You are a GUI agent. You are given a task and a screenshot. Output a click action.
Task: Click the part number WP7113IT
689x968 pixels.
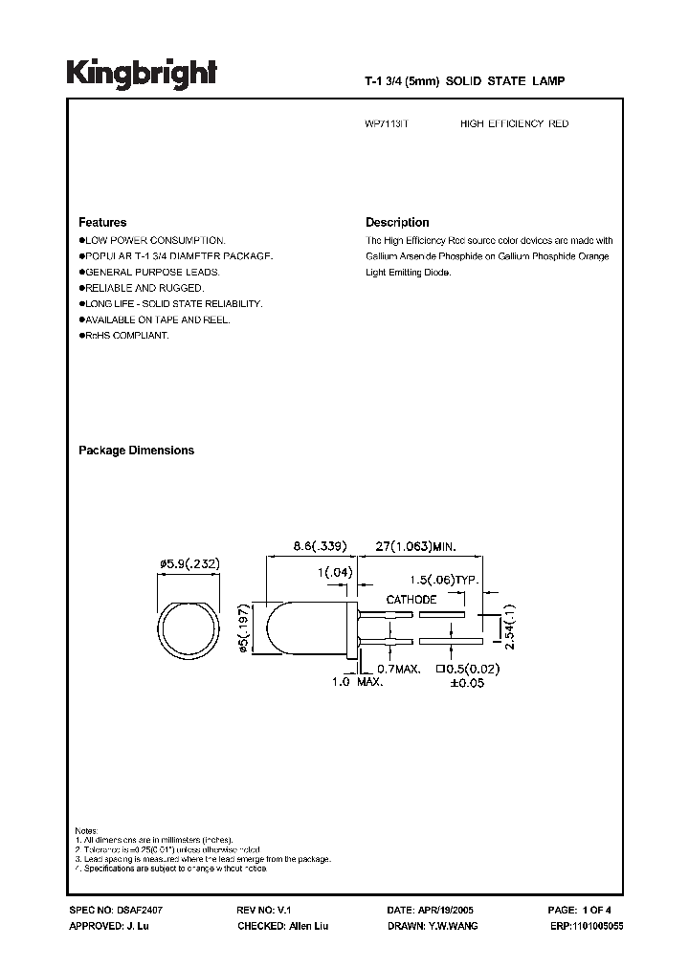click(387, 124)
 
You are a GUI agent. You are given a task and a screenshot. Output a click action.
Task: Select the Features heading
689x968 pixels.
click(102, 222)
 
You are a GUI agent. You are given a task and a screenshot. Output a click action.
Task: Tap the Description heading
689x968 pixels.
click(397, 222)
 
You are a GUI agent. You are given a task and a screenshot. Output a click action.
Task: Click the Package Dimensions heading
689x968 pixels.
click(136, 451)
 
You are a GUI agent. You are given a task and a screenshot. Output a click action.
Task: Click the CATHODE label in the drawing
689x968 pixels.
click(411, 600)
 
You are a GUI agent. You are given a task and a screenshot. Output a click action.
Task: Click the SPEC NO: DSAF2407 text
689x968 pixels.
click(111, 913)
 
